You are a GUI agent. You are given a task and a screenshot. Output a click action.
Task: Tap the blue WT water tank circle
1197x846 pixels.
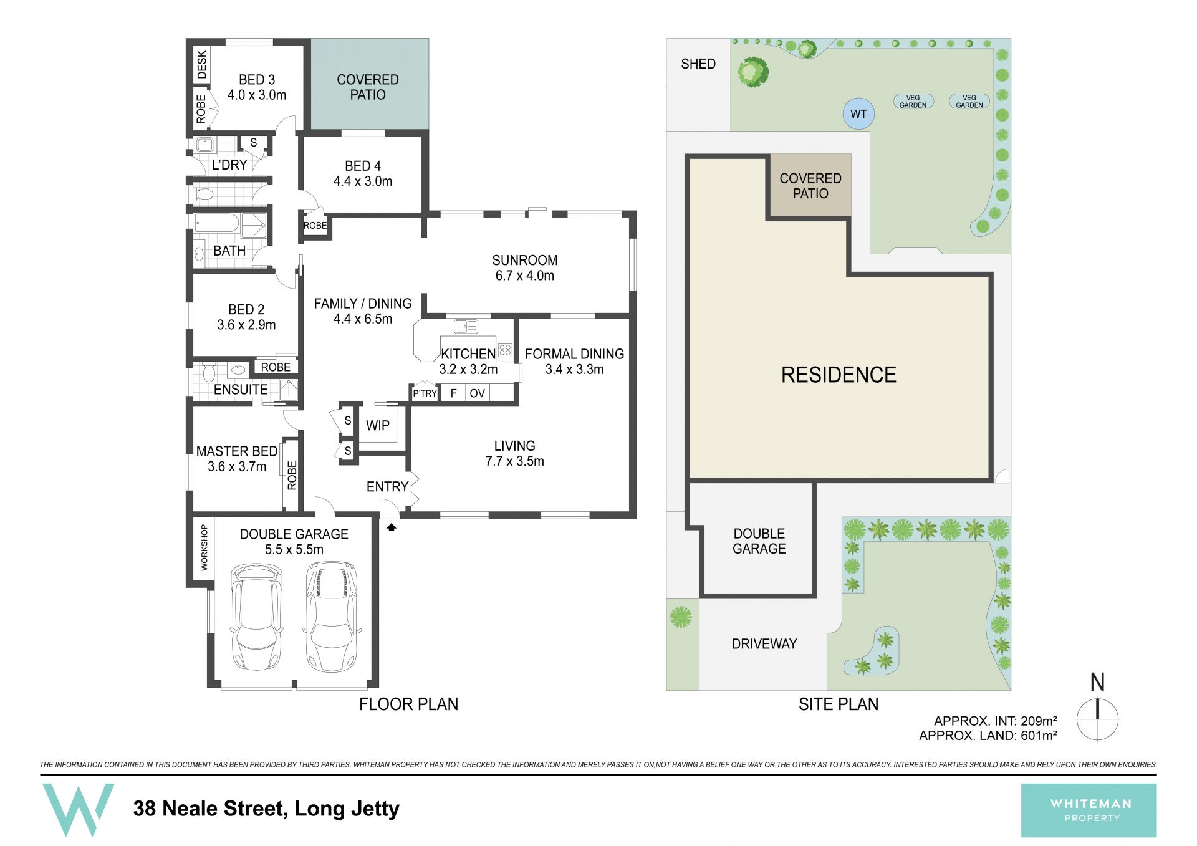pos(858,114)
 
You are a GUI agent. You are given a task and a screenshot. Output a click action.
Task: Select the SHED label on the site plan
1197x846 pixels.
pos(698,64)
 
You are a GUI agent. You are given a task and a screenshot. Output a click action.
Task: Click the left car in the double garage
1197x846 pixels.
pos(256,617)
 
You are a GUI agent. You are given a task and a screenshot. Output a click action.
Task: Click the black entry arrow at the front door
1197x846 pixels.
pos(392,527)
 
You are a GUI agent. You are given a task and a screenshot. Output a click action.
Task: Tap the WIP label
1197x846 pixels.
pos(378,425)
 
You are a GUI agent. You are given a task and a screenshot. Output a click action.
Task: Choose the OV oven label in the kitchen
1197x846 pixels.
pos(478,393)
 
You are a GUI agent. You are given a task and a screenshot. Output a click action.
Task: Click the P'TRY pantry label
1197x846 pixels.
pos(425,393)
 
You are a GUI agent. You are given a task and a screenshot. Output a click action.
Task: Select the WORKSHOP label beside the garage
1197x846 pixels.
pos(204,547)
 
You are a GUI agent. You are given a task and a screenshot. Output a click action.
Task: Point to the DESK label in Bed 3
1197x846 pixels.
pos(201,65)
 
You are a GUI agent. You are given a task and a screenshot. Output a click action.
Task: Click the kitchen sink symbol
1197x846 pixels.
pos(466,326)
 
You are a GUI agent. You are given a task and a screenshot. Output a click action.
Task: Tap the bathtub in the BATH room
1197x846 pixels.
pos(216,223)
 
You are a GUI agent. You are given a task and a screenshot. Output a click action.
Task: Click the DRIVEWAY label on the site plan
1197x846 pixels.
pos(764,644)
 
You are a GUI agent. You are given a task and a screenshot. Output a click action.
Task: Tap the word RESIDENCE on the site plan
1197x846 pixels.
pos(839,375)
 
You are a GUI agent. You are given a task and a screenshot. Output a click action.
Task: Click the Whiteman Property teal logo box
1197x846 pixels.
pos(1089,810)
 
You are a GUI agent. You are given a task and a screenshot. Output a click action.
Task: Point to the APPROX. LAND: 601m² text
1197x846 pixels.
pos(988,736)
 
